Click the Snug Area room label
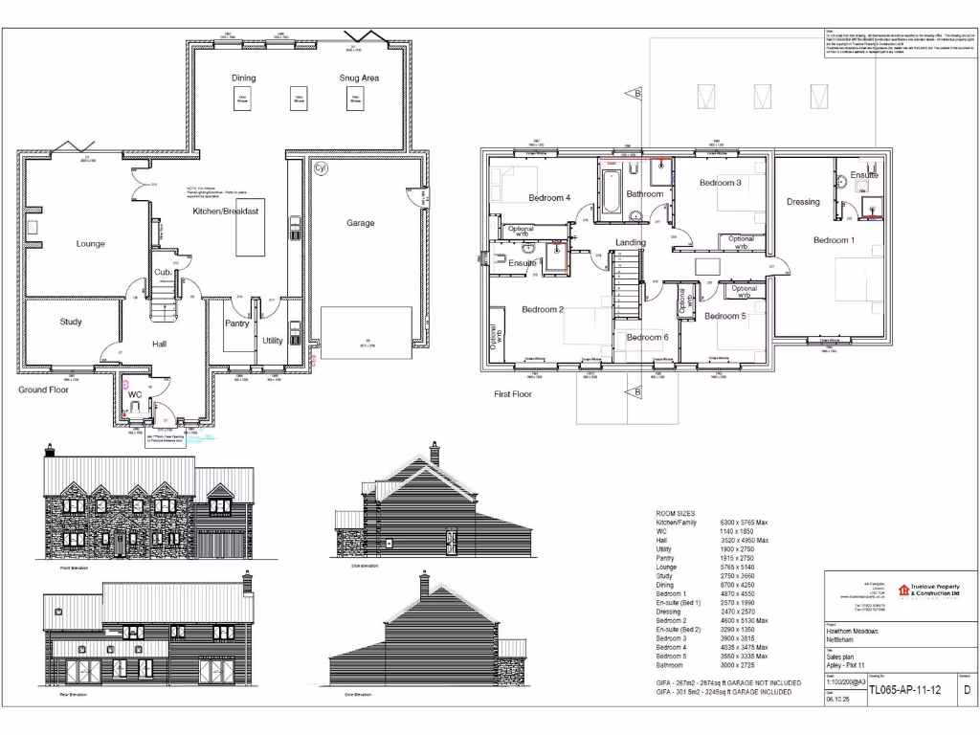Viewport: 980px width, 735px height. (359, 78)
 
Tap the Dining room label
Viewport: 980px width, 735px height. (243, 78)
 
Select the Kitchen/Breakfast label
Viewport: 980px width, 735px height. (226, 211)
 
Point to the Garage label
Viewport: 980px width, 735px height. (360, 223)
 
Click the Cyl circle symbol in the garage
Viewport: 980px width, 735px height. (321, 169)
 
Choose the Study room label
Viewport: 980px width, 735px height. (71, 322)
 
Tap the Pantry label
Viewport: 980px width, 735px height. (236, 323)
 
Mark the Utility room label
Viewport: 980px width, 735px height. (273, 340)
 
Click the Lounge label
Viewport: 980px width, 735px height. (90, 243)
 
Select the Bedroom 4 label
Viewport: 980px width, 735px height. (549, 198)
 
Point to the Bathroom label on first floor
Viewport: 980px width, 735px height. (645, 193)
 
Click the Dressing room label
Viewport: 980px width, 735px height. (803, 202)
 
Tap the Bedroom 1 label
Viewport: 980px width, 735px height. (834, 240)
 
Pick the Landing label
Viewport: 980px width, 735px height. (630, 242)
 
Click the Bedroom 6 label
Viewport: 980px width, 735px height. (647, 337)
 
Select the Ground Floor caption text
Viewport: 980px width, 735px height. (44, 390)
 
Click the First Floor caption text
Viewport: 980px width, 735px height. (513, 393)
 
